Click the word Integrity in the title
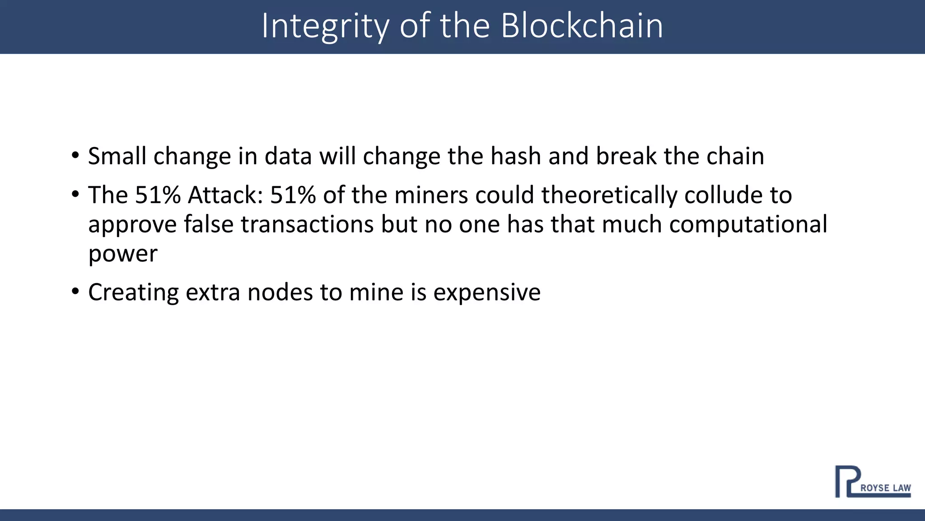coord(325,26)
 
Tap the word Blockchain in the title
coord(582,26)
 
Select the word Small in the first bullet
coord(117,156)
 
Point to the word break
coord(626,156)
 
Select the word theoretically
coord(609,196)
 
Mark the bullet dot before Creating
coord(75,291)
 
